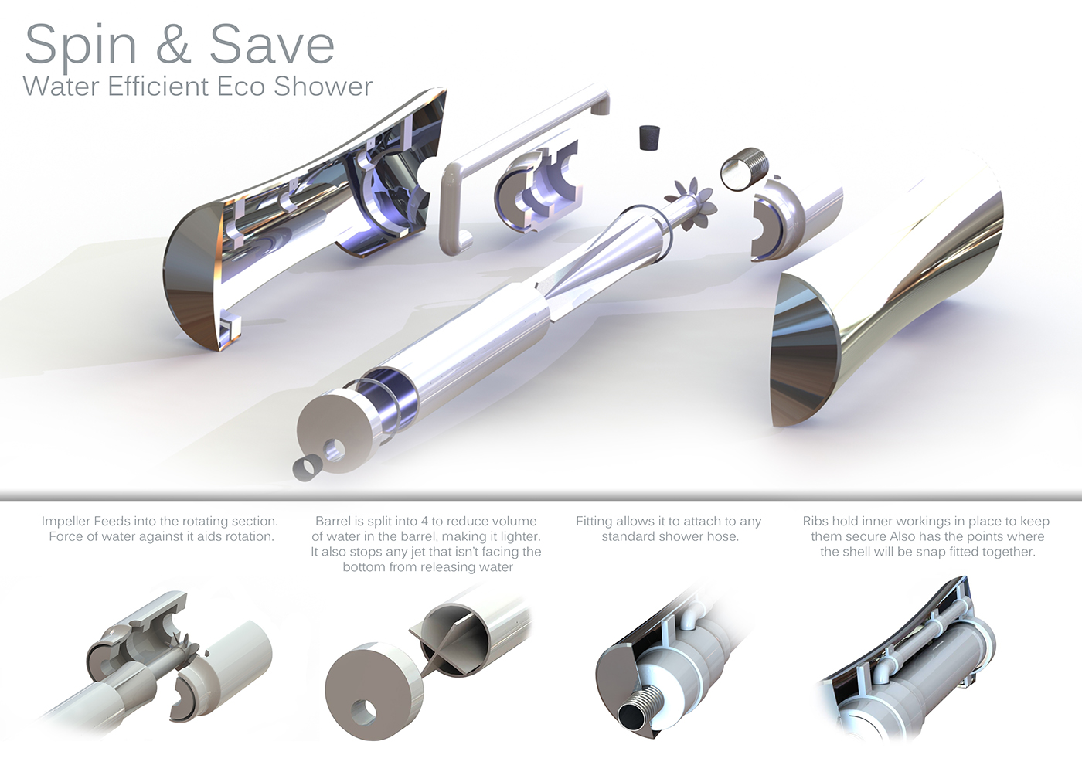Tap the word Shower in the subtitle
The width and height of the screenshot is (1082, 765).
[323, 87]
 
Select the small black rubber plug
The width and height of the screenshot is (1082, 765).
[649, 138]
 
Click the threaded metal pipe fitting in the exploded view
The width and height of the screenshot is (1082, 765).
[741, 169]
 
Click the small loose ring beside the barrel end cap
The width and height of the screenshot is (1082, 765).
[307, 467]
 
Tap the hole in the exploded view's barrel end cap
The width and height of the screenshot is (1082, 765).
[335, 450]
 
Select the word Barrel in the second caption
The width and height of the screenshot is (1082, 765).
[335, 522]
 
